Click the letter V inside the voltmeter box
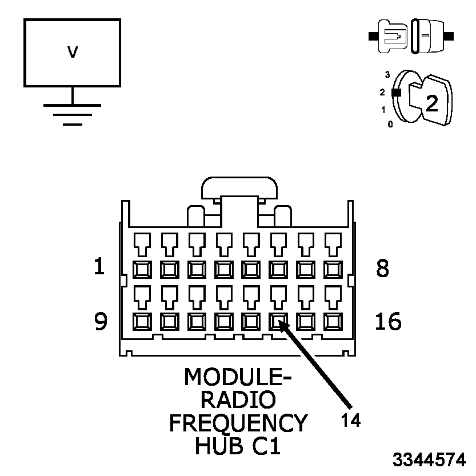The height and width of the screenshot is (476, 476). tap(72, 53)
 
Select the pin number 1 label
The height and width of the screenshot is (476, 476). tap(99, 267)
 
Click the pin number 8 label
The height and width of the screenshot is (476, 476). tap(382, 268)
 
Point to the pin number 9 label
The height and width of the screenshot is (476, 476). tap(101, 322)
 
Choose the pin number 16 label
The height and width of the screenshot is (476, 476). tap(388, 322)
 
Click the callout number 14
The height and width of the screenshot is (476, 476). tap(351, 421)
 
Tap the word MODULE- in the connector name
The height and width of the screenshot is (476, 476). tap(237, 377)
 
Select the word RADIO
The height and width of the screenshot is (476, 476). tap(238, 399)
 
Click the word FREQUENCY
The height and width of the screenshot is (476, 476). tap(238, 423)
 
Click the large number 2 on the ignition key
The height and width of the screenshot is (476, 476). tap(431, 102)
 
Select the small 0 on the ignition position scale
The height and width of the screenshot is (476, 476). tap(390, 123)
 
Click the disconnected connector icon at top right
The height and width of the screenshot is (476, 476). tap(411, 35)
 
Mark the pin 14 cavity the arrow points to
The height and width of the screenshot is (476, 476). tap(278, 322)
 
